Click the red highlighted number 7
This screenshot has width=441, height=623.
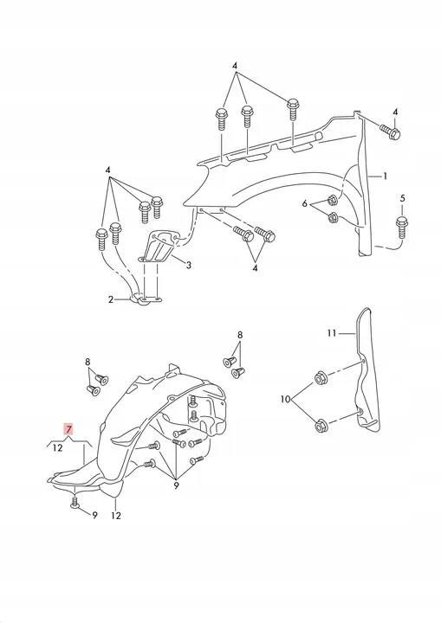(68, 429)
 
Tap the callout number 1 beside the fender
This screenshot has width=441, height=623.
(385, 176)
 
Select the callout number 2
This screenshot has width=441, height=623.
(111, 299)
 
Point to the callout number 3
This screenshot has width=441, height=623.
(189, 265)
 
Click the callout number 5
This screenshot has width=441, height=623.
(402, 198)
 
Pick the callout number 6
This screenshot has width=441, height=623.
(304, 204)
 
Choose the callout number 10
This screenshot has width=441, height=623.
(285, 399)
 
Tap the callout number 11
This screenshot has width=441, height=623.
(332, 333)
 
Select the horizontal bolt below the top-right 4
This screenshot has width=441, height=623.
(390, 132)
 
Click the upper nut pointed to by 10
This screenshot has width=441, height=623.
(321, 378)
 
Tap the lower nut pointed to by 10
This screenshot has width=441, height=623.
(321, 427)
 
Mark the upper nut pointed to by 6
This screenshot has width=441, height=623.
(333, 200)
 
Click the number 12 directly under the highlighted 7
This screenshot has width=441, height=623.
(58, 448)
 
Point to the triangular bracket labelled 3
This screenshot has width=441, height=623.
(159, 247)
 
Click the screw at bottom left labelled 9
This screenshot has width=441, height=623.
(75, 498)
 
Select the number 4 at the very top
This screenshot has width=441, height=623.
(235, 66)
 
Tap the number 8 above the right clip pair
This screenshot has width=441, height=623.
(240, 335)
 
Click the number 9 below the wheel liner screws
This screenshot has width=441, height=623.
(177, 485)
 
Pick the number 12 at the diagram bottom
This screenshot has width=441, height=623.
(116, 516)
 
